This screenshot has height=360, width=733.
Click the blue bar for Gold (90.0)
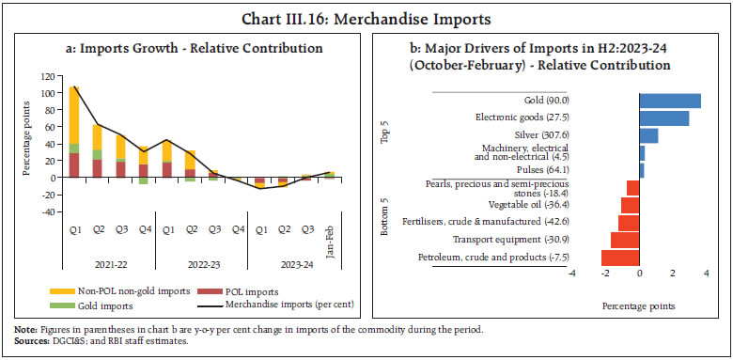669,101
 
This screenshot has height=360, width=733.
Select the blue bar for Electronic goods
663,118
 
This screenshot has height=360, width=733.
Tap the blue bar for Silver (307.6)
648,135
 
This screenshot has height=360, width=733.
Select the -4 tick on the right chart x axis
571,274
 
